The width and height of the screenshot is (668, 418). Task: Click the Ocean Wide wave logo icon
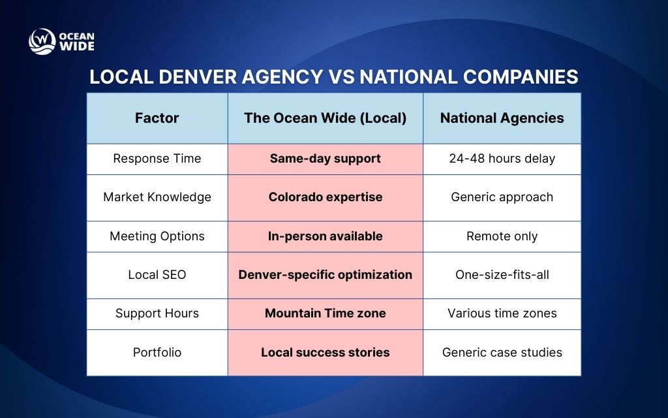(42, 41)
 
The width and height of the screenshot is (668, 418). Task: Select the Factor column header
(157, 118)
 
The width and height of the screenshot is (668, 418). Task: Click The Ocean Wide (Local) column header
(325, 118)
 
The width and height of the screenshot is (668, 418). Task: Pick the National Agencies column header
(502, 118)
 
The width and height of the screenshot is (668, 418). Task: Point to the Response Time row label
(157, 159)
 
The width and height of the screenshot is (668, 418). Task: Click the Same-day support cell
(325, 159)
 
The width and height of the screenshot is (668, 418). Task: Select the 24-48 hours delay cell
(502, 159)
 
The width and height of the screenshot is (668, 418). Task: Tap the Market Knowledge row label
(157, 197)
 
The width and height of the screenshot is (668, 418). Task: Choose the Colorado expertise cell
(325, 197)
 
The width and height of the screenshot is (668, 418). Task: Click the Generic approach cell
(502, 197)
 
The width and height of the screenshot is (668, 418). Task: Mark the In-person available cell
(325, 236)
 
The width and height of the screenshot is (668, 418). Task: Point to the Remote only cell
(502, 236)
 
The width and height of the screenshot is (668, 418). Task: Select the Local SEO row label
(157, 275)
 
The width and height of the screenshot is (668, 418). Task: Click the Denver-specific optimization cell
(325, 275)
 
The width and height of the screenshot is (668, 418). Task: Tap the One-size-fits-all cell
(502, 275)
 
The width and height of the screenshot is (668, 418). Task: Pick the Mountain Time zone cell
(325, 313)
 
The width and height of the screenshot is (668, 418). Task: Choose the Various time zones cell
(502, 313)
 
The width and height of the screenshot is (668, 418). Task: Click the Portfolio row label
(157, 352)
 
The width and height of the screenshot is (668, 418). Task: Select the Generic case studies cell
(502, 352)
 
